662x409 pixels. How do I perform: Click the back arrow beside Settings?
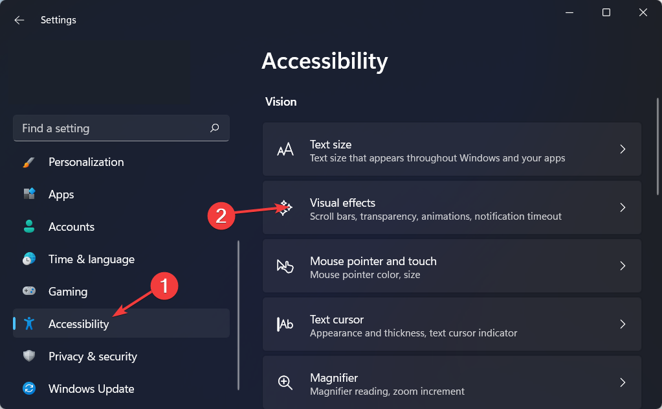pyautogui.click(x=19, y=20)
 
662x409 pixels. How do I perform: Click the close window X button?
pyautogui.click(x=643, y=12)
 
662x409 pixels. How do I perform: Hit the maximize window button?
pyautogui.click(x=606, y=12)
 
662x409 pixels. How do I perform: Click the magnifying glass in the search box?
pyautogui.click(x=214, y=128)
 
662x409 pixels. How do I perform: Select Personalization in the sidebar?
pyautogui.click(x=86, y=162)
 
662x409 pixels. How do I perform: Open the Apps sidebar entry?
pyautogui.click(x=61, y=194)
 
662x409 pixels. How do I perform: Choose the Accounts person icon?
pyautogui.click(x=29, y=226)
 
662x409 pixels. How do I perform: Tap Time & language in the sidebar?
pyautogui.click(x=92, y=259)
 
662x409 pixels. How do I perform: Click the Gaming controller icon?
pyautogui.click(x=29, y=291)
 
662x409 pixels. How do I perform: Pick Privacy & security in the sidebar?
pyautogui.click(x=93, y=356)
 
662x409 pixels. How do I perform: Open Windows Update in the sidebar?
pyautogui.click(x=91, y=389)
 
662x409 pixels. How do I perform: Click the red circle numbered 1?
pyautogui.click(x=164, y=286)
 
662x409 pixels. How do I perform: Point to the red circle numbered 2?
pyautogui.click(x=221, y=216)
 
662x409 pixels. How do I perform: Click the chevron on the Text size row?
pyautogui.click(x=623, y=149)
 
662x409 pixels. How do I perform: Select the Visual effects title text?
pyautogui.click(x=342, y=203)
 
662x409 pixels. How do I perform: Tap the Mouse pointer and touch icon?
pyautogui.click(x=285, y=266)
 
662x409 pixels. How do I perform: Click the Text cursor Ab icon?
pyautogui.click(x=285, y=324)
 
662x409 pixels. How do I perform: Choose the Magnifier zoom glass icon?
pyautogui.click(x=285, y=382)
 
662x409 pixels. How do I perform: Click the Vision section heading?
pyautogui.click(x=281, y=102)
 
